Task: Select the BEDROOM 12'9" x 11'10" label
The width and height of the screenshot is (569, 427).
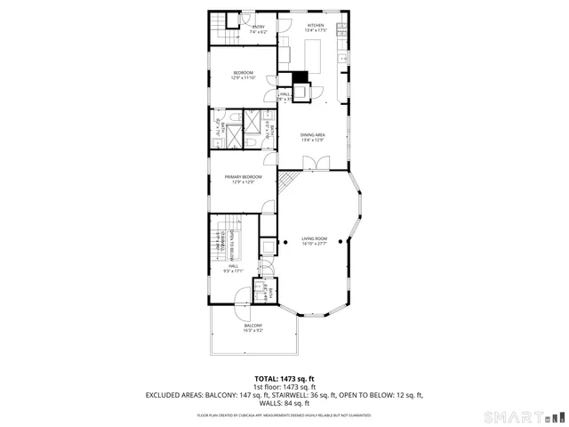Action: [x=244, y=75]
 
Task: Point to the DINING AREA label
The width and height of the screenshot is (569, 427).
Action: [x=312, y=137]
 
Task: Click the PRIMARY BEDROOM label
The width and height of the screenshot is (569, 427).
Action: [x=244, y=179]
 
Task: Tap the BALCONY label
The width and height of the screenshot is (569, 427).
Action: [x=252, y=327]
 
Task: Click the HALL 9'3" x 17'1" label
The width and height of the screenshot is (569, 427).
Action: [x=233, y=268]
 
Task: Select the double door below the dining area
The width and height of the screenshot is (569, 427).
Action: [x=317, y=163]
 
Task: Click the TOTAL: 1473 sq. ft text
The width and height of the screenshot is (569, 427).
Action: [x=284, y=378]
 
